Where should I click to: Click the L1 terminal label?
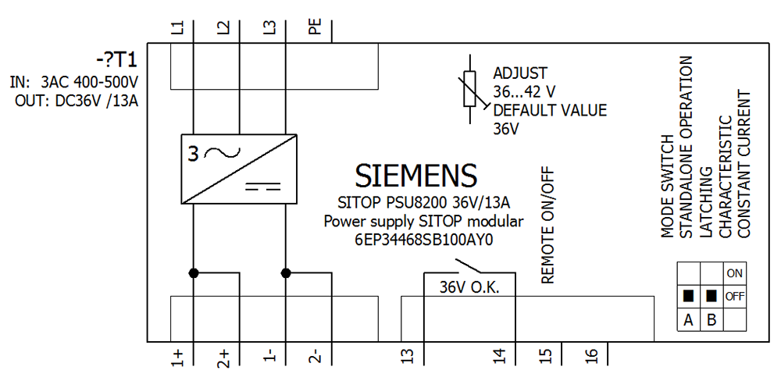click(x=178, y=28)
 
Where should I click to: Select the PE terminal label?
click(x=315, y=28)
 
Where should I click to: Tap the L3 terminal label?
click(x=269, y=28)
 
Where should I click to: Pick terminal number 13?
click(x=406, y=357)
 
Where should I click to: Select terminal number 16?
click(x=592, y=357)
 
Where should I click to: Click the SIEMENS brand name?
click(x=415, y=176)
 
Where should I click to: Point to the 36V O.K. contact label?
click(x=469, y=287)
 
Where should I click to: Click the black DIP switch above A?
click(x=688, y=297)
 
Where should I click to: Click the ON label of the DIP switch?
click(x=734, y=273)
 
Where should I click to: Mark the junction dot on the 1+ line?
click(x=192, y=273)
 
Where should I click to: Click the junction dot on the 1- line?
click(x=286, y=273)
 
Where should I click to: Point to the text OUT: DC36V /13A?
click(x=77, y=101)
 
